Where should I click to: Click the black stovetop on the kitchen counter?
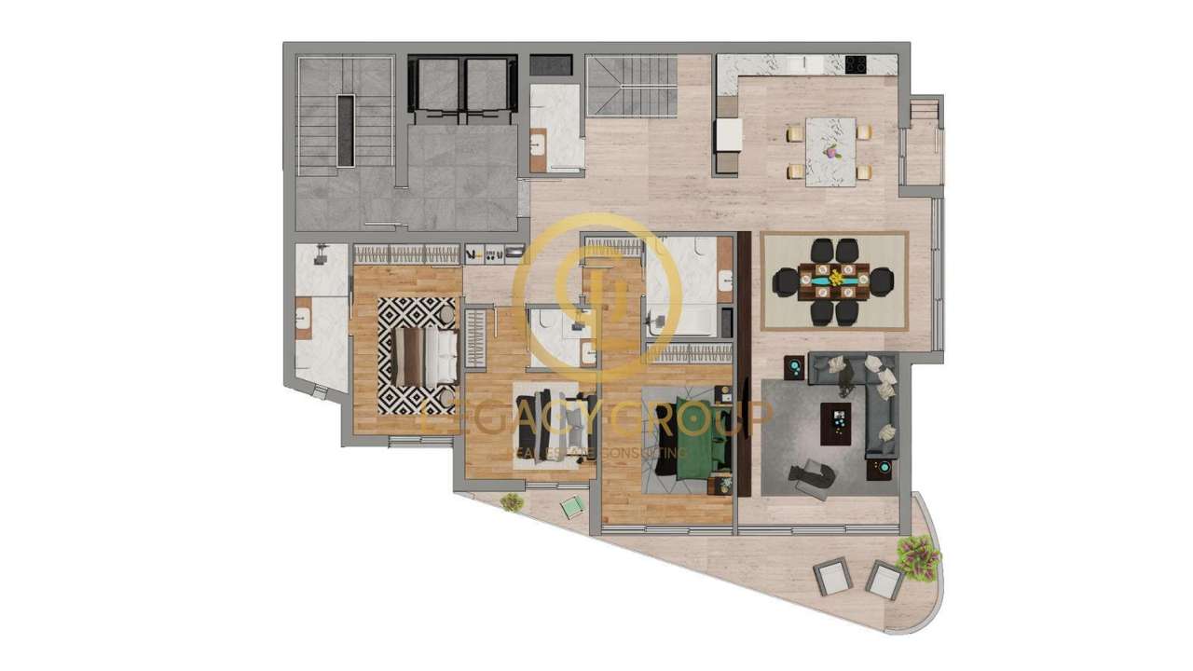click(856, 64)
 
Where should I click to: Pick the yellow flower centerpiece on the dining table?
click(837, 276)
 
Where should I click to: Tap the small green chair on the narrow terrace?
click(571, 507)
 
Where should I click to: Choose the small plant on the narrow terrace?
click(510, 502)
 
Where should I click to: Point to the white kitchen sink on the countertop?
click(802, 64)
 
